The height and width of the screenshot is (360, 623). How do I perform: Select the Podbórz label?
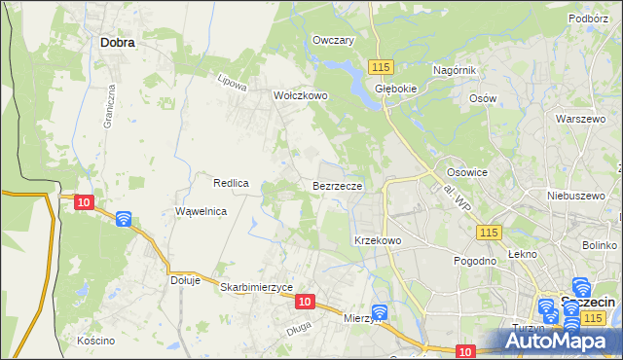pos(588,18)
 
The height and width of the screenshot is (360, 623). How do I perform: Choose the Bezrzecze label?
pos(338,185)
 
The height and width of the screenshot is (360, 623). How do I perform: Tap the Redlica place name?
pos(232,183)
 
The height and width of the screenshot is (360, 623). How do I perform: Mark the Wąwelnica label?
pos(201,211)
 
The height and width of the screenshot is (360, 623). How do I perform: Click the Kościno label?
pos(96,341)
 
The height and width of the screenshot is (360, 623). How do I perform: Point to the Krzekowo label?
pos(378,239)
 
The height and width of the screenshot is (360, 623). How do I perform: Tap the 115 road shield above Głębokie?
pos(381,66)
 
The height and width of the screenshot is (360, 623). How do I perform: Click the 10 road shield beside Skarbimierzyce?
pos(305,303)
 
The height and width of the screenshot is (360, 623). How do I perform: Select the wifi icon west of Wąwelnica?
pos(124,219)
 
